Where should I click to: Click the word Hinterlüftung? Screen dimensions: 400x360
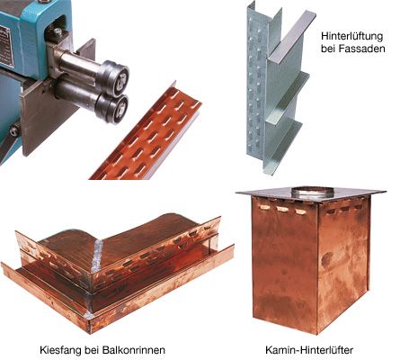click(x=352, y=37)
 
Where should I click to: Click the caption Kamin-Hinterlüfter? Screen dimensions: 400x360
click(x=309, y=350)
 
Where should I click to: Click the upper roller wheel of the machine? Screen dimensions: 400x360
click(x=115, y=76)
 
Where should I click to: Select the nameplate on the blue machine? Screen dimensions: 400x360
click(x=6, y=45)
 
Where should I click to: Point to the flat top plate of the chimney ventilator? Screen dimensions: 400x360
click(x=311, y=194)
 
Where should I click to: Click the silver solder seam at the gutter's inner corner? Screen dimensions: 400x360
click(x=98, y=255)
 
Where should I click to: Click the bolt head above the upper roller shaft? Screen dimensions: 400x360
click(x=58, y=31)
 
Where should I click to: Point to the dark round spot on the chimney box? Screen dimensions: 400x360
click(x=327, y=259)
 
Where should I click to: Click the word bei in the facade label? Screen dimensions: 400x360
click(x=328, y=49)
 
